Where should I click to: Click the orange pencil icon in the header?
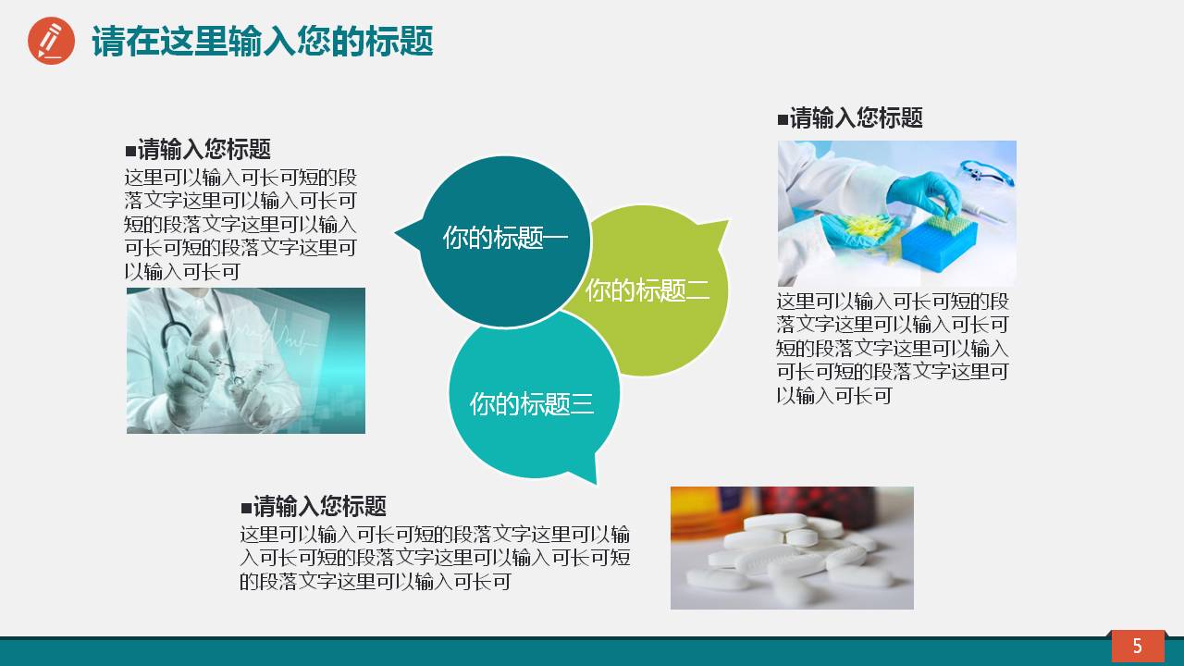pyautogui.click(x=51, y=41)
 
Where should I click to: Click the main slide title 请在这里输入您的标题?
pyautogui.click(x=263, y=42)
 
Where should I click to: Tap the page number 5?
pyautogui.click(x=1137, y=646)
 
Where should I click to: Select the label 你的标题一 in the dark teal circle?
pyautogui.click(x=504, y=238)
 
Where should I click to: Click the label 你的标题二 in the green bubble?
pyautogui.click(x=647, y=290)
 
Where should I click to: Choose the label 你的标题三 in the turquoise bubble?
pyautogui.click(x=531, y=403)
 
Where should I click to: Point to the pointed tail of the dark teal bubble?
pyautogui.click(x=403, y=233)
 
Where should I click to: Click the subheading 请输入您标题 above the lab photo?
pyautogui.click(x=850, y=118)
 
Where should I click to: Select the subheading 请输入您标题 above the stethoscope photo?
pyautogui.click(x=198, y=150)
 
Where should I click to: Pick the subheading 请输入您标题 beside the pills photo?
pyautogui.click(x=314, y=507)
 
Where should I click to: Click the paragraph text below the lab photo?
pyautogui.click(x=893, y=349)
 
